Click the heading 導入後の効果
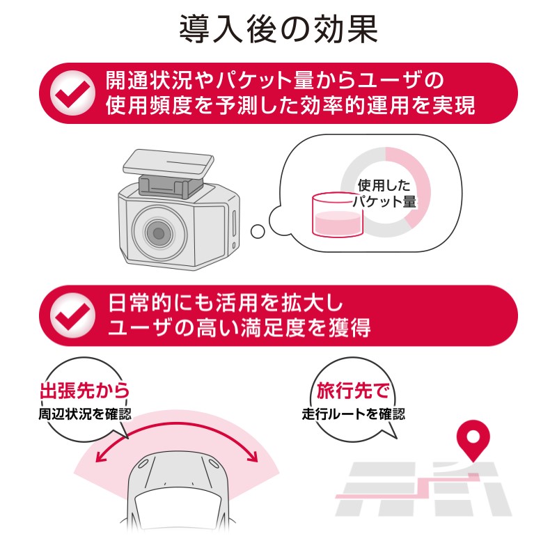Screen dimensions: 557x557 click(x=278, y=29)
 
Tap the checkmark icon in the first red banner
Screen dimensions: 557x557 click(x=72, y=93)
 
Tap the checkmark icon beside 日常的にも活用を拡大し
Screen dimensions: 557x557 click(x=72, y=315)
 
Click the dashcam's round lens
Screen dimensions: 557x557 click(x=159, y=233)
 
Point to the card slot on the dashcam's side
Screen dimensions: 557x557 click(x=234, y=222)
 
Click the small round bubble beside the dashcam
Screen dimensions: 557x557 click(x=258, y=232)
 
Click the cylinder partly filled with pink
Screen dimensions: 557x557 click(x=338, y=215)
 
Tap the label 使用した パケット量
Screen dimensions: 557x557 click(x=384, y=194)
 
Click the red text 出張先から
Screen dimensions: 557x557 click(x=84, y=391)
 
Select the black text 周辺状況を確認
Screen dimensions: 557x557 click(x=85, y=414)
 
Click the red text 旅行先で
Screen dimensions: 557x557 click(x=353, y=391)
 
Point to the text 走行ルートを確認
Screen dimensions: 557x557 click(x=354, y=414)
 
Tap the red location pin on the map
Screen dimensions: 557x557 click(x=473, y=441)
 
